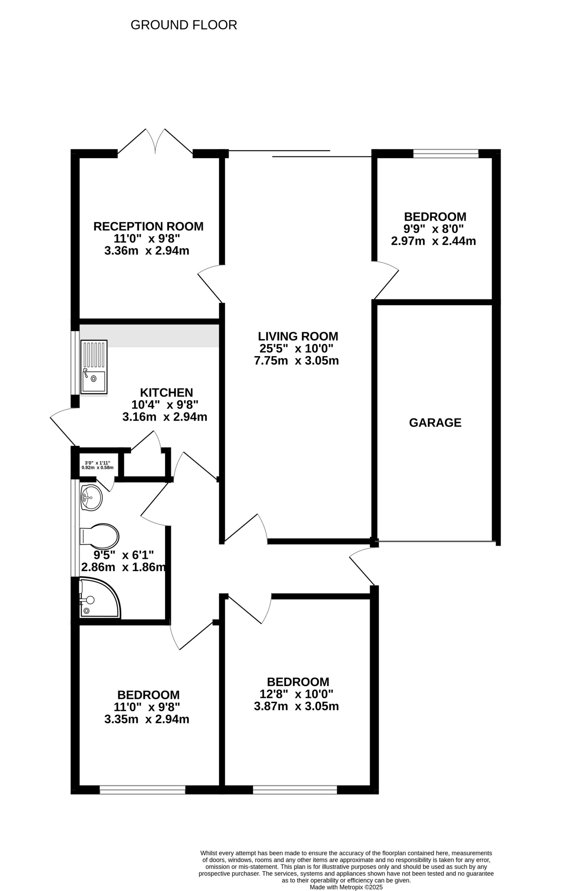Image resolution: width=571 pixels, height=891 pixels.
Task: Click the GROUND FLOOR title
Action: click(x=183, y=25)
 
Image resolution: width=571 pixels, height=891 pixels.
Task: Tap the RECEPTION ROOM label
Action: click(x=148, y=226)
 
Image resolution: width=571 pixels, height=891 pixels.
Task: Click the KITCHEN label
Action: click(x=167, y=392)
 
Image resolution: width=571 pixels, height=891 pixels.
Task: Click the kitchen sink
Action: click(x=94, y=367)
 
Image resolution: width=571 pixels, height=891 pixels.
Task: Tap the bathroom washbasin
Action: click(x=91, y=498)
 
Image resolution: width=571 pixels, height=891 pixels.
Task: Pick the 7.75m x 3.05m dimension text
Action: click(x=296, y=361)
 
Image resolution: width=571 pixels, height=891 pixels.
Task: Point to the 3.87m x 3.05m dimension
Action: click(x=296, y=706)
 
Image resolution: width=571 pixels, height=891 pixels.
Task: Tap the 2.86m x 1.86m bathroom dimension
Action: click(x=123, y=567)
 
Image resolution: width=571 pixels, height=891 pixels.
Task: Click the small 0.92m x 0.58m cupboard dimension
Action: click(x=98, y=468)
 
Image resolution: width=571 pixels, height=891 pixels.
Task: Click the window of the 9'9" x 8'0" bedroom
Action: click(x=446, y=153)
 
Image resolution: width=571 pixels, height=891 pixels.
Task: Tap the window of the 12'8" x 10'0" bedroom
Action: click(x=295, y=790)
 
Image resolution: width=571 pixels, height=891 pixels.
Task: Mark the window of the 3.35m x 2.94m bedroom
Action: click(x=142, y=790)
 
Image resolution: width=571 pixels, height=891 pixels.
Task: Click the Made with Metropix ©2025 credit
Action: click(x=346, y=887)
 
